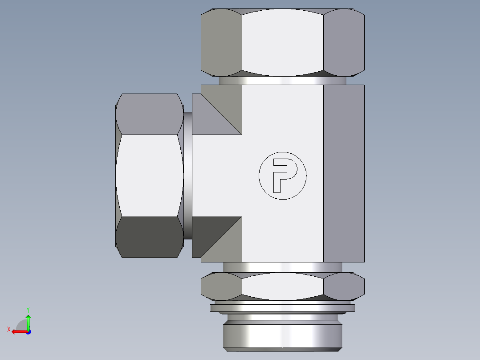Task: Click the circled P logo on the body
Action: point(283,176)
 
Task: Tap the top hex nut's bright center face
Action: point(282,42)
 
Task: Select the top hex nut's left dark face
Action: point(221,42)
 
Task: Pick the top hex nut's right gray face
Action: point(343,42)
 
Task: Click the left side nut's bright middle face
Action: point(149,176)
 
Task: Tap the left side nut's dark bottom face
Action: point(149,237)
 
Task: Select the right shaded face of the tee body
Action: point(343,174)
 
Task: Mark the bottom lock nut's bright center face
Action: point(282,286)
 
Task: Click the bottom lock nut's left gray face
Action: point(221,286)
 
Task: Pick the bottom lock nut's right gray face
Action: point(343,286)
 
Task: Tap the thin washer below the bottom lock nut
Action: point(282,308)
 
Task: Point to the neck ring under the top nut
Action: point(282,81)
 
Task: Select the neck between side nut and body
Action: point(187,176)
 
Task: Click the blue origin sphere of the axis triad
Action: point(28,331)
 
